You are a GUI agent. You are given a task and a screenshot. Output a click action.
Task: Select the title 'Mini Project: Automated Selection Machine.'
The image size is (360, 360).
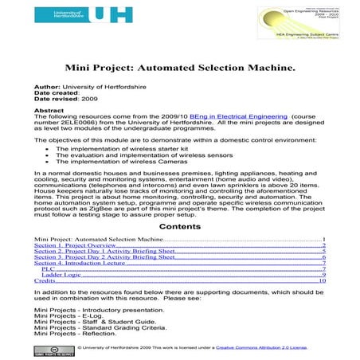[179, 69]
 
